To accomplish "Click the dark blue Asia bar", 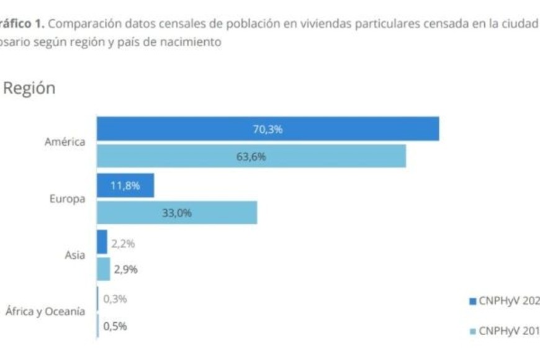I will pyautogui.click(x=102, y=242).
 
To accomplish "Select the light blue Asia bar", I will pyautogui.click(x=104, y=269).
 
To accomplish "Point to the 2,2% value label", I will pyautogui.click(x=123, y=243).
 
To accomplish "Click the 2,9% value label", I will pyautogui.click(x=125, y=269).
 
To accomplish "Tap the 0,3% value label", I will pyautogui.click(x=115, y=299).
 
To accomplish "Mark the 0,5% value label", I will pyautogui.click(x=115, y=326).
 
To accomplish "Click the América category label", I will pyautogui.click(x=65, y=142).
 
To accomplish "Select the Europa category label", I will pyautogui.click(x=67, y=199).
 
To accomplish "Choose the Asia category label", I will pyautogui.click(x=75, y=255).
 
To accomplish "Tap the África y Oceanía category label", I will pyautogui.click(x=45, y=312).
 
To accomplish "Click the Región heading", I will pyautogui.click(x=29, y=89).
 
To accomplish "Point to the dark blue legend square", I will pyautogui.click(x=473, y=302).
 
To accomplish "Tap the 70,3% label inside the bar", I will pyautogui.click(x=268, y=129).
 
